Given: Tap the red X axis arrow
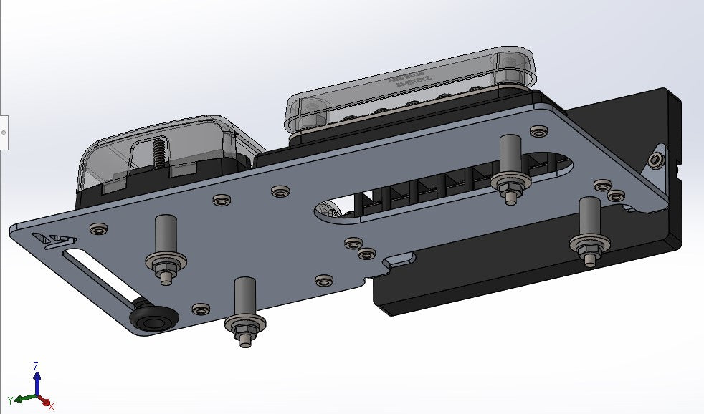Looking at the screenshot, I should (x=47, y=403).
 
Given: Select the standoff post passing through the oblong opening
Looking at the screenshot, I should (x=510, y=165).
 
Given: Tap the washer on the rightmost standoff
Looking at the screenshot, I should (x=590, y=246).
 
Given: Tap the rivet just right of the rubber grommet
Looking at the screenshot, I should (x=201, y=309).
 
